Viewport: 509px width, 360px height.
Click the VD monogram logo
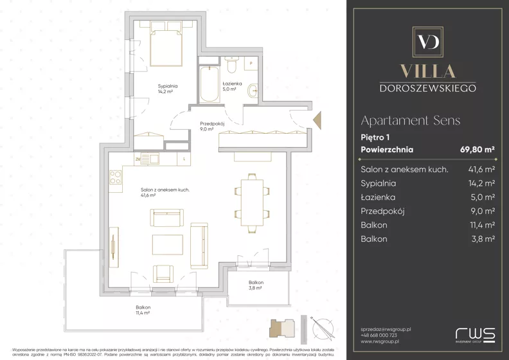(x=427, y=42)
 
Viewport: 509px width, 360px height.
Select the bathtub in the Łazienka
(x=209, y=84)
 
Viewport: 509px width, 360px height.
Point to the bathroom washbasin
(x=253, y=91)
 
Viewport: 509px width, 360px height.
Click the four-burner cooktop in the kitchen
(x=115, y=177)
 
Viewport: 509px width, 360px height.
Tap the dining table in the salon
(x=251, y=203)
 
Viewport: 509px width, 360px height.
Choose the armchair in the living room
(x=163, y=273)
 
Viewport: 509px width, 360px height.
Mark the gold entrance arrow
(x=317, y=120)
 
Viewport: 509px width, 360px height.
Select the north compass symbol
(x=323, y=328)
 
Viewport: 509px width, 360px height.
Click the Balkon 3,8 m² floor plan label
(x=256, y=285)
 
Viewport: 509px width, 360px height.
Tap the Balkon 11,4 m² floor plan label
(x=143, y=310)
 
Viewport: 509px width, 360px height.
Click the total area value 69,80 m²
(x=477, y=150)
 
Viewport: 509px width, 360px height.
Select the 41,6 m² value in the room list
(x=481, y=170)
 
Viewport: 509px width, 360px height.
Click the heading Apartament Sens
(x=410, y=120)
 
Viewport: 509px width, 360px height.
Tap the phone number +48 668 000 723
(x=379, y=336)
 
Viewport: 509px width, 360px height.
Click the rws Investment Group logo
(x=475, y=335)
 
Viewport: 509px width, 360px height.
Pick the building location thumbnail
(x=282, y=328)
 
